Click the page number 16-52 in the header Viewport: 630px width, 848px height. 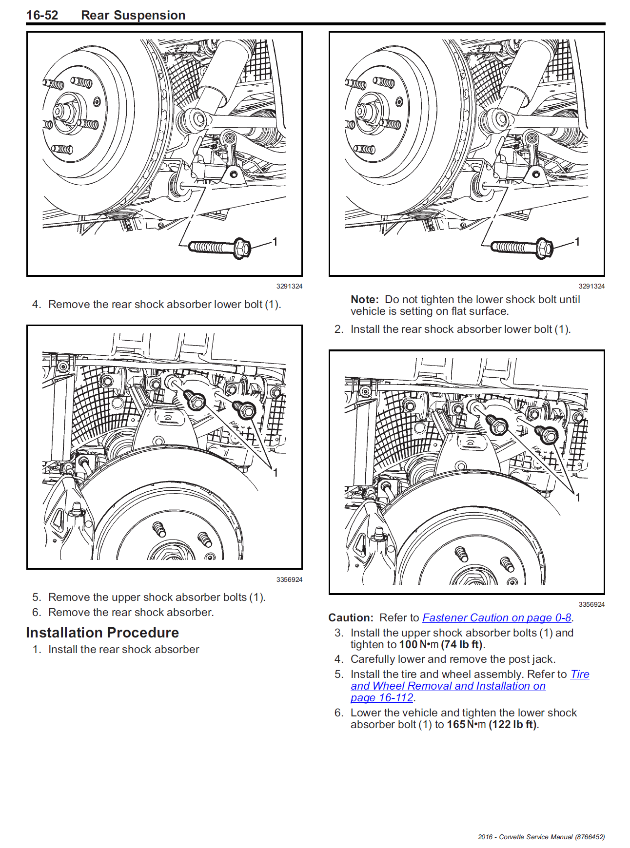[x=42, y=15]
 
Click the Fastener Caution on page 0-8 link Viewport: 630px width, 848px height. [x=496, y=617]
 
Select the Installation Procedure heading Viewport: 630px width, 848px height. [x=102, y=633]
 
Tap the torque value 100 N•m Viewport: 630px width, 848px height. [x=418, y=644]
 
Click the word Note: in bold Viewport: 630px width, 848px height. [x=364, y=299]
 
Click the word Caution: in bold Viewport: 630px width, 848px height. [x=351, y=617]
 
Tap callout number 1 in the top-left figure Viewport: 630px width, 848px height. [x=275, y=242]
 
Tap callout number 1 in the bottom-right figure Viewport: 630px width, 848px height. [x=578, y=498]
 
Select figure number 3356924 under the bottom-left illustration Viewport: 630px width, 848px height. [x=289, y=579]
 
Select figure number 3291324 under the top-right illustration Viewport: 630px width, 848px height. [x=591, y=286]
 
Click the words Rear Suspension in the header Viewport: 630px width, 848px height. [x=133, y=15]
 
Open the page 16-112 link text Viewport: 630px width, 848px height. [x=382, y=697]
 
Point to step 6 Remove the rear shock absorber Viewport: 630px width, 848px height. [x=131, y=612]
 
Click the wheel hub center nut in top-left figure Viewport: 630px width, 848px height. [x=59, y=111]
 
